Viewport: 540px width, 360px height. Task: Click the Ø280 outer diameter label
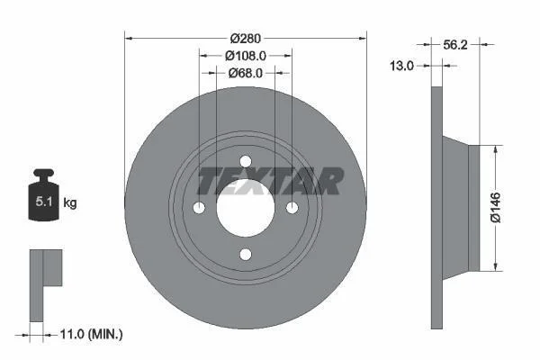(245, 38)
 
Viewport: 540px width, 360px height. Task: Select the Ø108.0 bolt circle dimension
(246, 56)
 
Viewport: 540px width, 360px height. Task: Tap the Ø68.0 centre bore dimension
(245, 73)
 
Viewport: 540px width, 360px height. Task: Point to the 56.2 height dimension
(454, 44)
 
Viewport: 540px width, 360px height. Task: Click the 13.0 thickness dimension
(401, 65)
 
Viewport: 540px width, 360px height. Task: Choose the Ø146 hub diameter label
(496, 208)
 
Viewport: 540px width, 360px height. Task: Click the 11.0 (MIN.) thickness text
(91, 334)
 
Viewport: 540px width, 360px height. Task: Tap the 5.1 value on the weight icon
(44, 202)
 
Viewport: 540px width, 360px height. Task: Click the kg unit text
(70, 202)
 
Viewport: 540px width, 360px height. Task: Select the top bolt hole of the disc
(246, 161)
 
